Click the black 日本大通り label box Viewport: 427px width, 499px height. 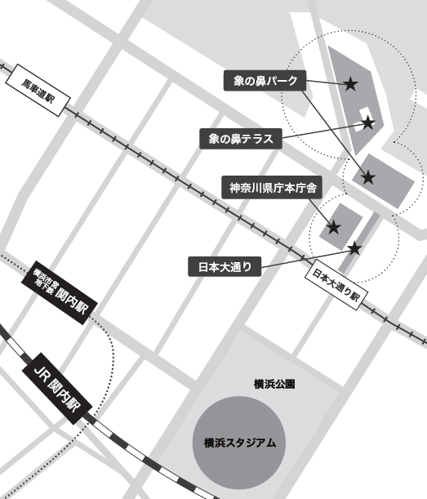tap(225, 266)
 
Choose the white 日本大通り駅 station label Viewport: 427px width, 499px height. tap(335, 286)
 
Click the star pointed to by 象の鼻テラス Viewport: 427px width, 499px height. tap(368, 123)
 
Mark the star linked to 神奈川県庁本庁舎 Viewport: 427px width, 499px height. tap(333, 227)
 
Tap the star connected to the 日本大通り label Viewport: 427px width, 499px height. tap(354, 247)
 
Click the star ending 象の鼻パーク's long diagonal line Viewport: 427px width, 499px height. tap(368, 176)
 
